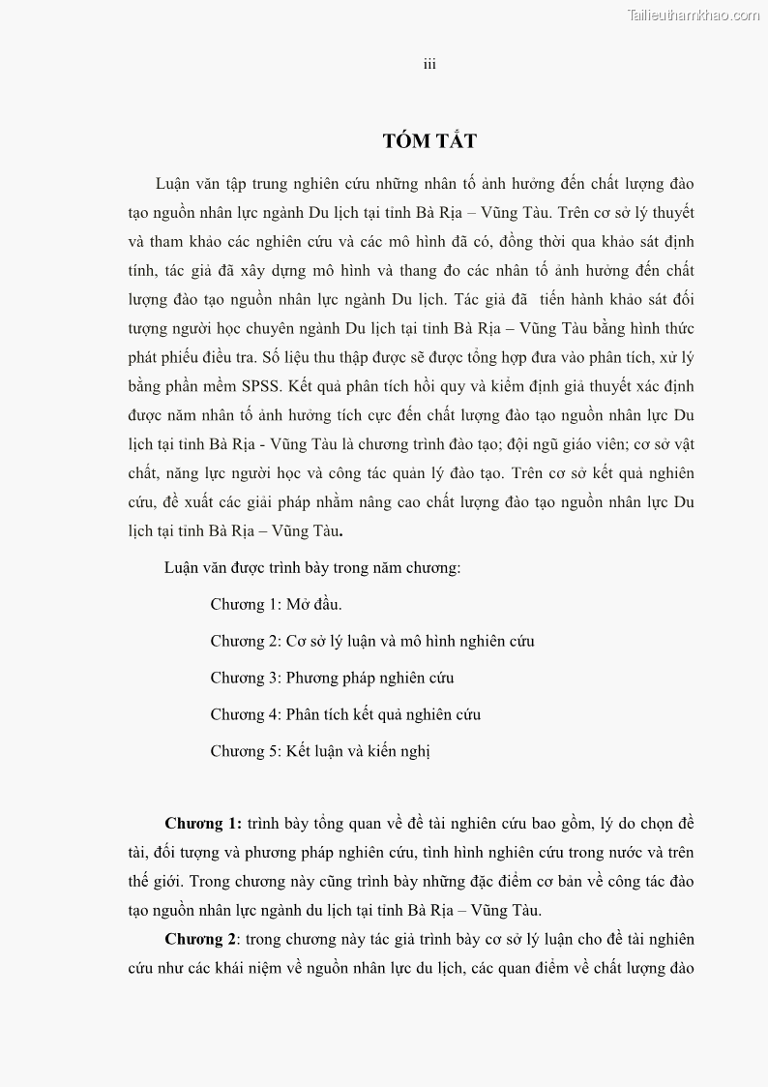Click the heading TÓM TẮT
tap(429, 141)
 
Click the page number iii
tap(429, 64)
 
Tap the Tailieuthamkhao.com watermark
tap(694, 15)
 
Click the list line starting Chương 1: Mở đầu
tap(276, 604)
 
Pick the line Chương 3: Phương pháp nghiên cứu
tap(332, 678)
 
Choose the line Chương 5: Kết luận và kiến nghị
tap(320, 751)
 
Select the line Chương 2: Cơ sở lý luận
tap(372, 641)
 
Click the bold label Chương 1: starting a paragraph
tap(202, 824)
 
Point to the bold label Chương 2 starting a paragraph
tap(200, 939)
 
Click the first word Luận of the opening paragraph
tap(175, 184)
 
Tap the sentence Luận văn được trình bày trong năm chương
tap(312, 567)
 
